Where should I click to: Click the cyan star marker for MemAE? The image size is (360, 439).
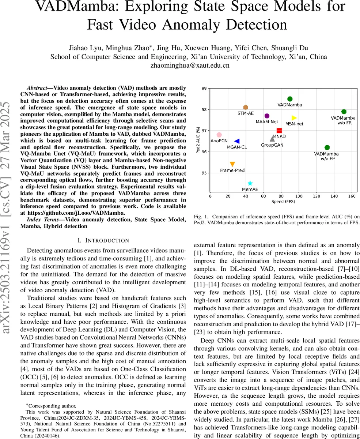[x=250, y=183]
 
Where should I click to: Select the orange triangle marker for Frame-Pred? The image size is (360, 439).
[x=232, y=164]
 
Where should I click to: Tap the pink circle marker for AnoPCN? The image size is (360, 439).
[x=219, y=135]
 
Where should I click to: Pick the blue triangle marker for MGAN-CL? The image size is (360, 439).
[x=237, y=141]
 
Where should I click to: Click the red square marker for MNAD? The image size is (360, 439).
[x=279, y=131]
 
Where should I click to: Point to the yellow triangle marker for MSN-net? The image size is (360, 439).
[x=294, y=118]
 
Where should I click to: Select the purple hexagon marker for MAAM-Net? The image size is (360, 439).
[x=267, y=116]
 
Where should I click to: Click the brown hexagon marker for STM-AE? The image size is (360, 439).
[x=246, y=107]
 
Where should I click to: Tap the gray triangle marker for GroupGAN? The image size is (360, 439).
[x=272, y=139]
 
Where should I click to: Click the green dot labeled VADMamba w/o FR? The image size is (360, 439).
[x=344, y=112]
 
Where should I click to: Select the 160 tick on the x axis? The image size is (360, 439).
[x=352, y=196]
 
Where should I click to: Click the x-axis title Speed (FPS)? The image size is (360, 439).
[x=283, y=202]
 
